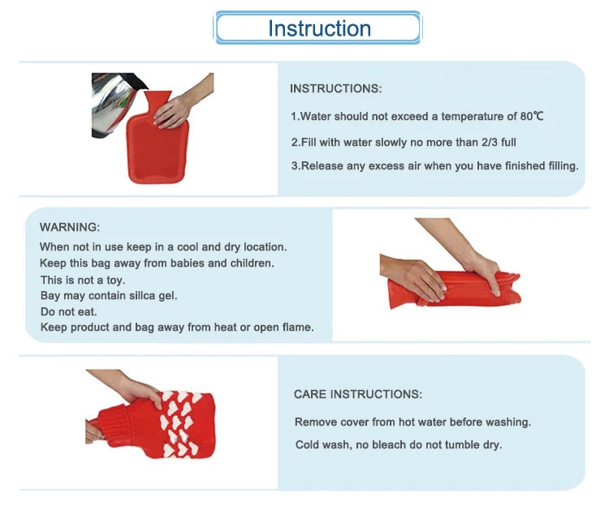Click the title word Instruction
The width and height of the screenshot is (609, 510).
[x=319, y=28]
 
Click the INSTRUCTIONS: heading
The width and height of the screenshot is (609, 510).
[x=335, y=88]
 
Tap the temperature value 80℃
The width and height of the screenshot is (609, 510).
[x=532, y=116]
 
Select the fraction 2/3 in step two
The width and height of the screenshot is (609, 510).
[x=490, y=142]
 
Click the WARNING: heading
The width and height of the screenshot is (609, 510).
[x=70, y=227]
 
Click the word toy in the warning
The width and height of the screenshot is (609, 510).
[x=115, y=281]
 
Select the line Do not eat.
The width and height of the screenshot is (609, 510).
[x=68, y=311]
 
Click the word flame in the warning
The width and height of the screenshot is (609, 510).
[x=298, y=327]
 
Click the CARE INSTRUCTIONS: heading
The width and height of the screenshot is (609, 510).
[x=358, y=394]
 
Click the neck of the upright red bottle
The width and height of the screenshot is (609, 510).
[x=157, y=102]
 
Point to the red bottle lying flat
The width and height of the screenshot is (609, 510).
[x=455, y=289]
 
